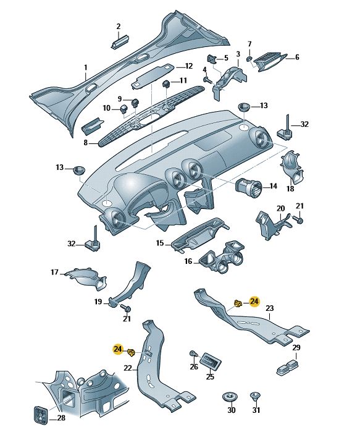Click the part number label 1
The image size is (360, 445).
point(86,68)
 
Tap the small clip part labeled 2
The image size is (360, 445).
point(120,41)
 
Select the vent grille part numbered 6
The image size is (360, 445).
point(269,62)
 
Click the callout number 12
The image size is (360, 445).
point(188,66)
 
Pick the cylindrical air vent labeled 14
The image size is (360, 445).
point(248,189)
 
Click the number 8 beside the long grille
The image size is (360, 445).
point(86,143)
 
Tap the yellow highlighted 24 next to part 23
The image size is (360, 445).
point(254,301)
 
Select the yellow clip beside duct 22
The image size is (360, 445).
point(132,353)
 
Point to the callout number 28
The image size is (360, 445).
point(61,417)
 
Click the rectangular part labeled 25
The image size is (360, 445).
point(211,362)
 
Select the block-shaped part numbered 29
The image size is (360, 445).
point(287,367)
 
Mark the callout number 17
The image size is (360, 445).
point(54,272)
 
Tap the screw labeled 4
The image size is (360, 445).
point(207,80)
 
